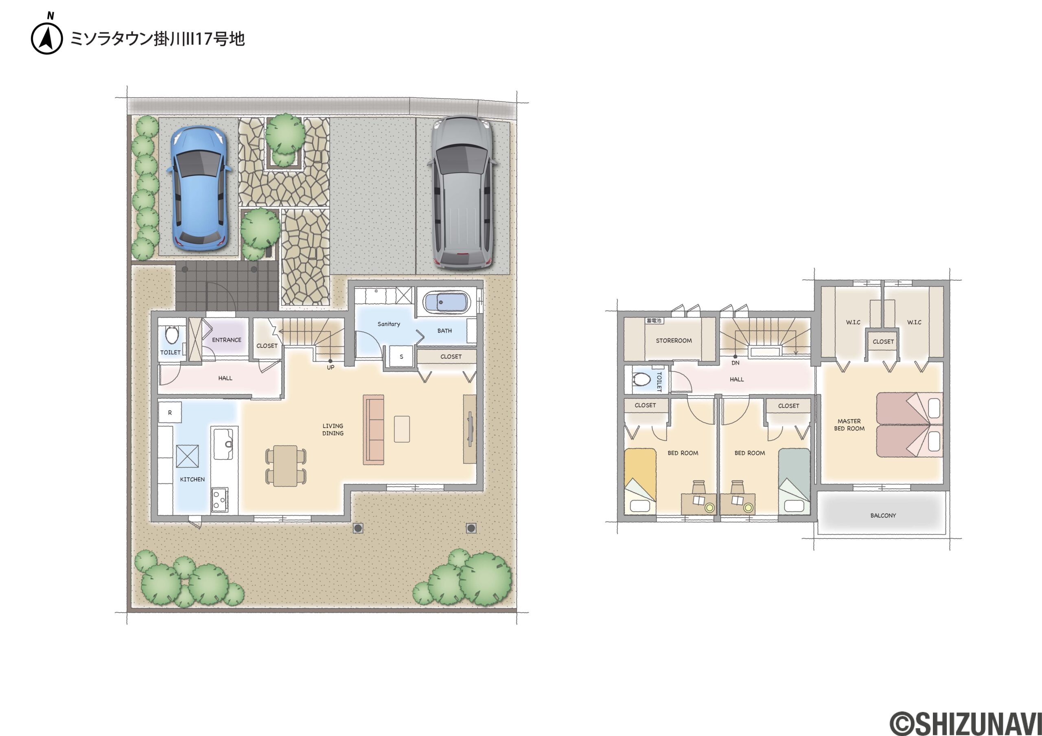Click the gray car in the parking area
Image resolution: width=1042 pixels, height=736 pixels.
coord(462,193)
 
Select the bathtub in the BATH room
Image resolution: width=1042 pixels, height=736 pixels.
coord(446,302)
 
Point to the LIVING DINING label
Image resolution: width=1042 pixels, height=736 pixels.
coord(333,430)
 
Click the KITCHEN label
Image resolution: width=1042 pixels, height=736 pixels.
coord(193,479)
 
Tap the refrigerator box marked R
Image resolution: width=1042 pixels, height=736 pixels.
coord(170,413)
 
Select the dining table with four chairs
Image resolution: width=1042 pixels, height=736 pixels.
coord(285,466)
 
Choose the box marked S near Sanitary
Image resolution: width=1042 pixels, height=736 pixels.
coord(401,356)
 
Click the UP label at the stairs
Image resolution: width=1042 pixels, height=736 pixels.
coord(331,367)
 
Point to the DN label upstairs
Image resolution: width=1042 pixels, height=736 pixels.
coord(736,363)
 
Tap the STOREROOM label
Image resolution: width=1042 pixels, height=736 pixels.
coord(674,341)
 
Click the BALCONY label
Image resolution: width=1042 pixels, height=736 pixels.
coord(883,515)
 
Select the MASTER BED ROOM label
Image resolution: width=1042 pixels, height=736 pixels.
coord(849,425)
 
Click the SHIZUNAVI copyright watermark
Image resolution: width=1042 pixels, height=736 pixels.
coord(965,723)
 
